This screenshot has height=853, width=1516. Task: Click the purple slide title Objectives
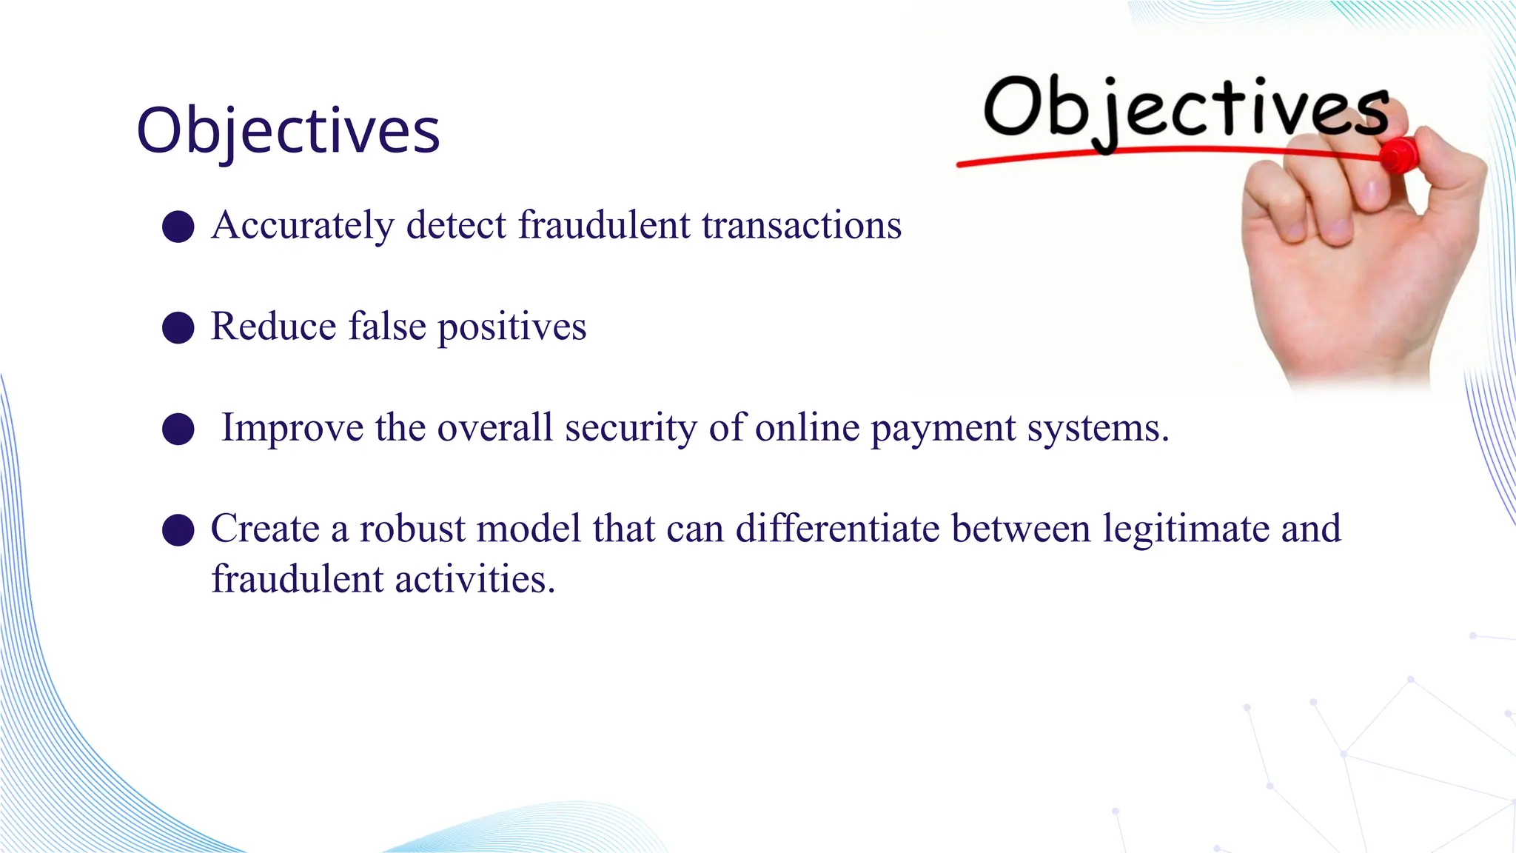click(288, 130)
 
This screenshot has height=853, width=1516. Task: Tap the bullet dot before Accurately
click(178, 226)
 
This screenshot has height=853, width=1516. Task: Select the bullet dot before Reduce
click(178, 327)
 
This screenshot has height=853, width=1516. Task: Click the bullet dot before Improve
click(178, 429)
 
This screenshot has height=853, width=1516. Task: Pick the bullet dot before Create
click(178, 530)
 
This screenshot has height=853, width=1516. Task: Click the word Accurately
click(303, 225)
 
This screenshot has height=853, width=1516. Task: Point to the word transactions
click(802, 225)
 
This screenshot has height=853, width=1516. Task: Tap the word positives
click(512, 327)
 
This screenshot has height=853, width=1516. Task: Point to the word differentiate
click(837, 529)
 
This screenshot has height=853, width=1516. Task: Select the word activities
click(474, 579)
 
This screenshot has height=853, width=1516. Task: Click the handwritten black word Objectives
click(1184, 109)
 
